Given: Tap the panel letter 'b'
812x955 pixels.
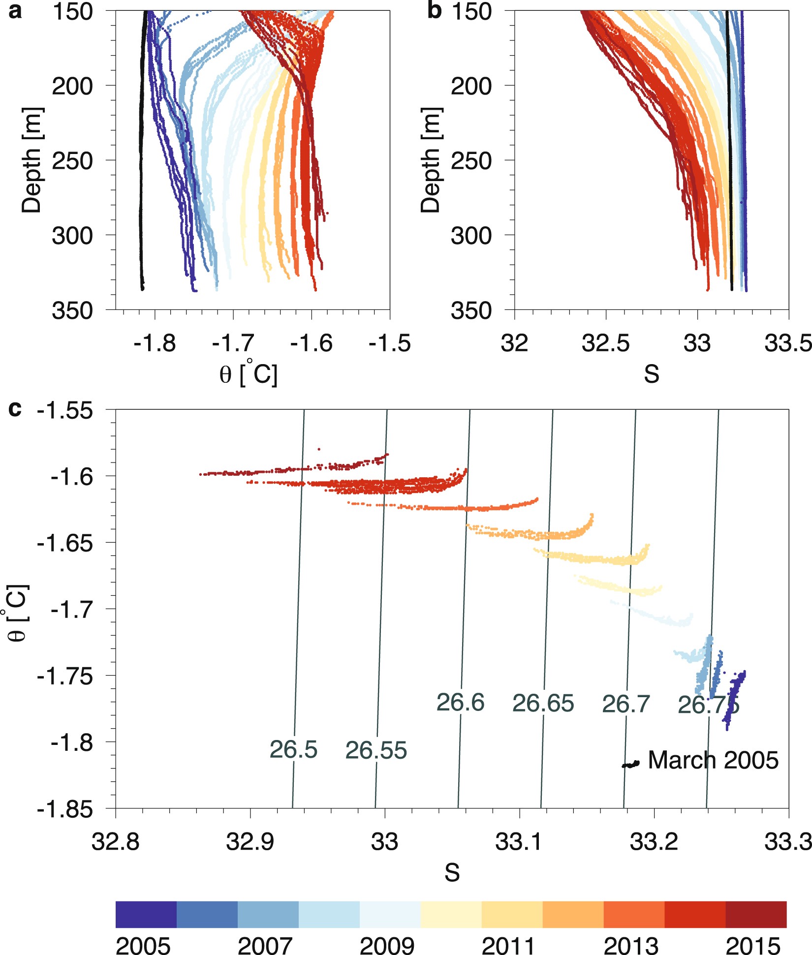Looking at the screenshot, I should [x=434, y=11].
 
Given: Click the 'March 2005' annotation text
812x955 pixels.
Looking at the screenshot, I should [x=713, y=761].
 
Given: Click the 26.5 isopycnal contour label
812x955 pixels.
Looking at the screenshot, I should [x=293, y=750].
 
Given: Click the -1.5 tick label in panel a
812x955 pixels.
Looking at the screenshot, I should [x=390, y=343].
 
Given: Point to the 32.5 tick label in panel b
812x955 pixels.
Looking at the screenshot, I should [x=605, y=343].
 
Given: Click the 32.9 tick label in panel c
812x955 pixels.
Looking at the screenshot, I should [x=250, y=842].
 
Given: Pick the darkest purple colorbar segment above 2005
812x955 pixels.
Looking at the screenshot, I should [x=146, y=914].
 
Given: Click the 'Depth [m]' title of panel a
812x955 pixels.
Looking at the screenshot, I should [x=32, y=160].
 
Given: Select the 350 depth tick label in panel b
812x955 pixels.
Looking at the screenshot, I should [x=471, y=311].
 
